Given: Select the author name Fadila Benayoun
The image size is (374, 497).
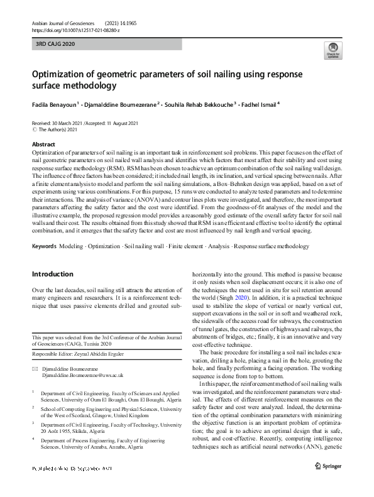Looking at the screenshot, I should tap(54, 104).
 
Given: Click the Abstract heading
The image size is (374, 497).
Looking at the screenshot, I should tap(43, 144).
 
